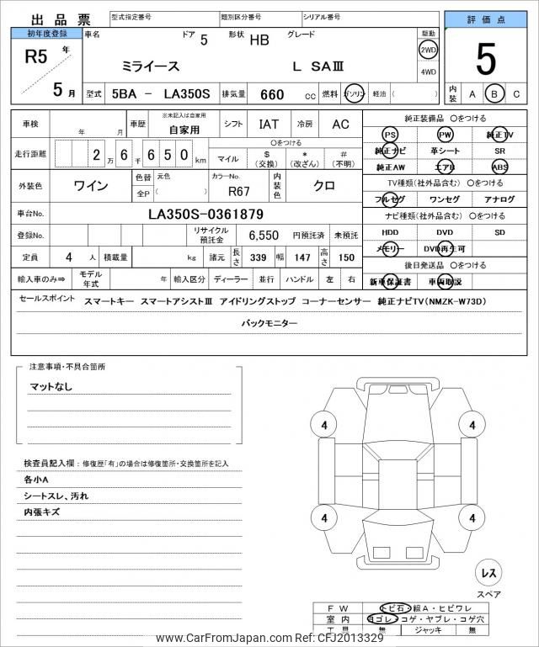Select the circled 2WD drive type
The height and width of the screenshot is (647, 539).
429,50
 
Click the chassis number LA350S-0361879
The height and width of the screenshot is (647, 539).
206,214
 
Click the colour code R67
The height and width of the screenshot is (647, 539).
239,190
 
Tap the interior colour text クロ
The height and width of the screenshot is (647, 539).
325,184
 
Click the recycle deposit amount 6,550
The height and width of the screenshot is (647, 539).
252,236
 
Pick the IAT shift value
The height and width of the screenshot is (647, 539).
269,124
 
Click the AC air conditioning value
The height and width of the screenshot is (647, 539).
340,124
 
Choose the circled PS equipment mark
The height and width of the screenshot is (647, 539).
389,135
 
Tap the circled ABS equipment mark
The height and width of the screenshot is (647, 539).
500,167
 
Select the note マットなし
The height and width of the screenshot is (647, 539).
51,386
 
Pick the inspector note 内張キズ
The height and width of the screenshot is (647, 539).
41,511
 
